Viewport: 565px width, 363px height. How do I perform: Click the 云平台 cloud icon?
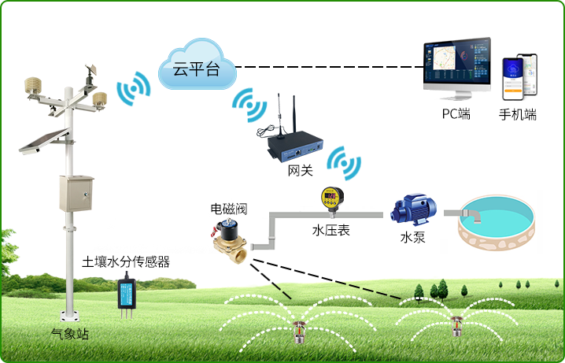197,65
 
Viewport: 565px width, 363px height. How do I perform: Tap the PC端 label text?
456,114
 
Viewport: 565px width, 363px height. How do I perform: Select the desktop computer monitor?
457,69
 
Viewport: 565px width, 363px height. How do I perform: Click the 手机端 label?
518,114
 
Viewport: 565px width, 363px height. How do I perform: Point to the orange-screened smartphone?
513,80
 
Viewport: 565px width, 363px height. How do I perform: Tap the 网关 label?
300,170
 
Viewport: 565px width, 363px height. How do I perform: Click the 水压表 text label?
331,231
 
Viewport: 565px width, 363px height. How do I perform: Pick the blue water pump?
414,209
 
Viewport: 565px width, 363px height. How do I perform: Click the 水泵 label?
412,238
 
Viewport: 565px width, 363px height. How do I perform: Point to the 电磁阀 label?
229,209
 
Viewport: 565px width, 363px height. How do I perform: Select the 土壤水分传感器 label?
126,261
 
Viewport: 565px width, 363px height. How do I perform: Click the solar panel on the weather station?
45,141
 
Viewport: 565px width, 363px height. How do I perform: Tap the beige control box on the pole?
76,194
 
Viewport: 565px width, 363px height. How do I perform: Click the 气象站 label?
69,334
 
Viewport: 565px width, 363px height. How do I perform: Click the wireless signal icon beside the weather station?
134,88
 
